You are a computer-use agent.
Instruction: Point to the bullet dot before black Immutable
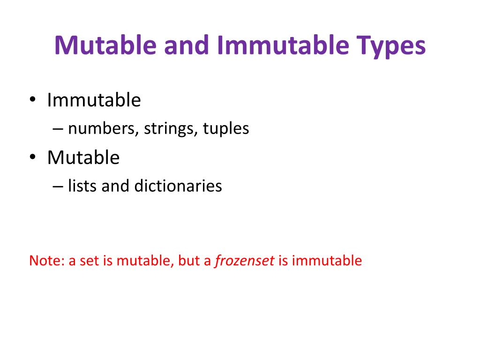tap(32, 100)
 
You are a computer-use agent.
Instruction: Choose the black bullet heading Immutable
tap(94, 100)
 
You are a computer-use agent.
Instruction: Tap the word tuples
tap(226, 129)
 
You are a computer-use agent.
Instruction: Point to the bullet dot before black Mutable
tap(32, 158)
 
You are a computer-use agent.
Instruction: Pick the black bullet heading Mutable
tap(83, 158)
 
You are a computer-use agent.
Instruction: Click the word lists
tap(82, 186)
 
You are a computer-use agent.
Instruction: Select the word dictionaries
tap(178, 186)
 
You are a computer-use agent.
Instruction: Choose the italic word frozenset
tap(244, 261)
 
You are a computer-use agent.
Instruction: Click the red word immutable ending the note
tap(327, 261)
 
